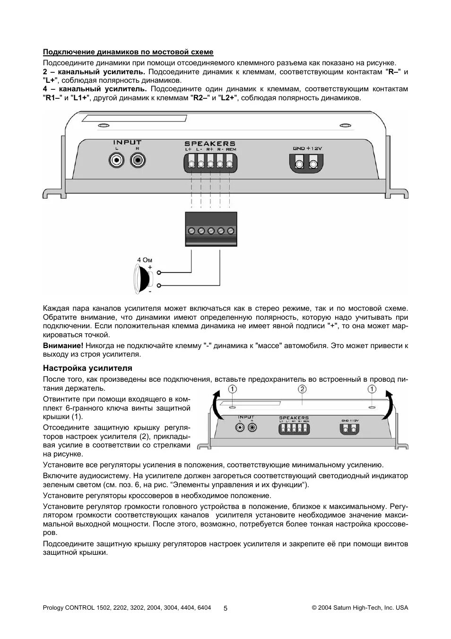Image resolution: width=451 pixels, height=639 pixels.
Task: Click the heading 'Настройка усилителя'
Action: [x=87, y=368]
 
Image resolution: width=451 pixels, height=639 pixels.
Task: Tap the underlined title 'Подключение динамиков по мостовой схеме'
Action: [x=128, y=52]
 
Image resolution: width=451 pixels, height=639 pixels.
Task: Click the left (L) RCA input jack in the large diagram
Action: [x=116, y=160]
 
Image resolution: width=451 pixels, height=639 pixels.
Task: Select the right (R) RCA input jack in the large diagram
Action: [x=137, y=160]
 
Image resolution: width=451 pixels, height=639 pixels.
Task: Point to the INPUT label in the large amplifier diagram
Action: [x=127, y=142]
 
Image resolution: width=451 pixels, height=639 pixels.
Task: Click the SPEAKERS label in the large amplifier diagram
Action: [x=209, y=143]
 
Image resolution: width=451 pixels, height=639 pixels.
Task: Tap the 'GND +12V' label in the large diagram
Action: [x=307, y=149]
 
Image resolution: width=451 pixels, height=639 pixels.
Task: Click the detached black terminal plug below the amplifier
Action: [x=211, y=229]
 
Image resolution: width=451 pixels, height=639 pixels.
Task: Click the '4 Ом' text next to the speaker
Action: [x=145, y=260]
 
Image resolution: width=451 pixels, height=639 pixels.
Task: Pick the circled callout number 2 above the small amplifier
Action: [x=302, y=389]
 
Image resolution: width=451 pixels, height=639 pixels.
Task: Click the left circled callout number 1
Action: [x=232, y=389]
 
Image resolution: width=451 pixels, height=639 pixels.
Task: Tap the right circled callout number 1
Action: [x=372, y=389]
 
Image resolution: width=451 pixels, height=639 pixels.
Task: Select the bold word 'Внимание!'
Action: [x=63, y=346]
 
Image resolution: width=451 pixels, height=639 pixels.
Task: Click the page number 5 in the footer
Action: [x=225, y=608]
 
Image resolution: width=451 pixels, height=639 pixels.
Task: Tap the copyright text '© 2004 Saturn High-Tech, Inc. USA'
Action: [x=360, y=608]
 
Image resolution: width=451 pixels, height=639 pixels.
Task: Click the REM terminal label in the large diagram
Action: [x=231, y=149]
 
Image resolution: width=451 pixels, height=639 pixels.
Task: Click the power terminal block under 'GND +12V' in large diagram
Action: [x=306, y=164]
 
